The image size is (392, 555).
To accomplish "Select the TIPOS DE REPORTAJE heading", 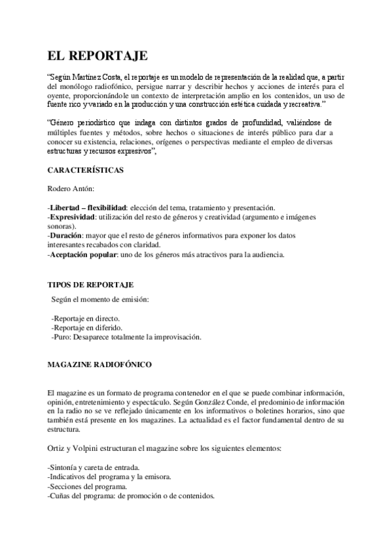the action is pyautogui.click(x=91, y=285).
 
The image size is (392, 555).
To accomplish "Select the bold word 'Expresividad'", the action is pyautogui.click(x=72, y=217).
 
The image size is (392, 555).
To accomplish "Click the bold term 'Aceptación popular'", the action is pyautogui.click(x=82, y=255).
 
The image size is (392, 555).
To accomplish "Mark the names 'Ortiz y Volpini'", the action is pyautogui.click(x=73, y=450).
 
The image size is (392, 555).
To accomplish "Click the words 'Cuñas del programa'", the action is pyautogui.click(x=82, y=497).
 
